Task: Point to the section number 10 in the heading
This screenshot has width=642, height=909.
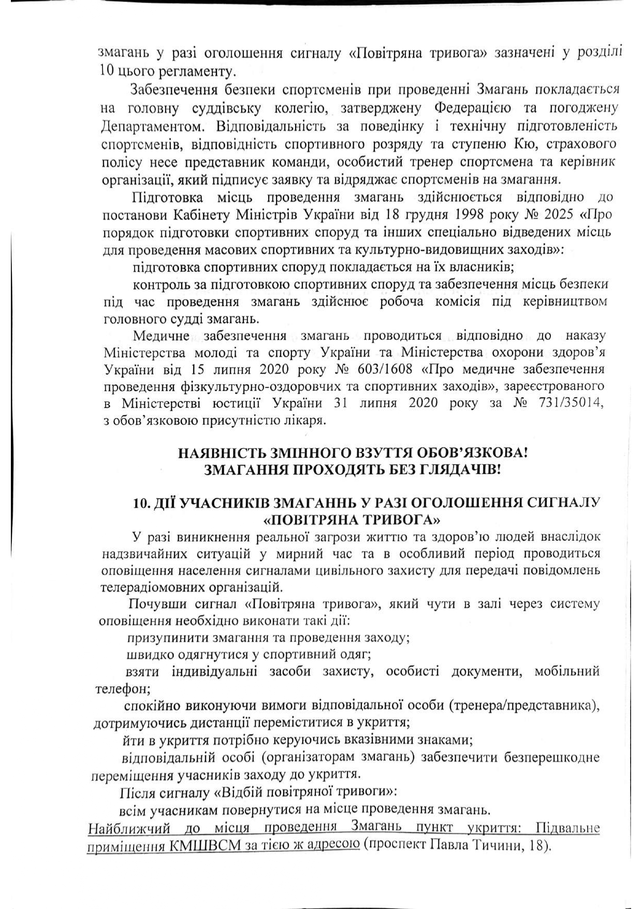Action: tap(140, 503)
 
